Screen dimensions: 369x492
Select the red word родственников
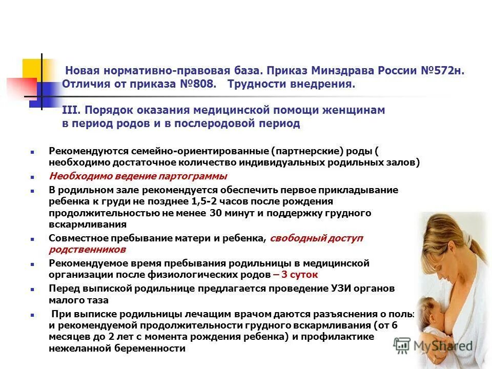(x=87, y=250)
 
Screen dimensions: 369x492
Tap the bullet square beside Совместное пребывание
(x=32, y=239)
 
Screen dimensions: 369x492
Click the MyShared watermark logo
(x=433, y=345)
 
